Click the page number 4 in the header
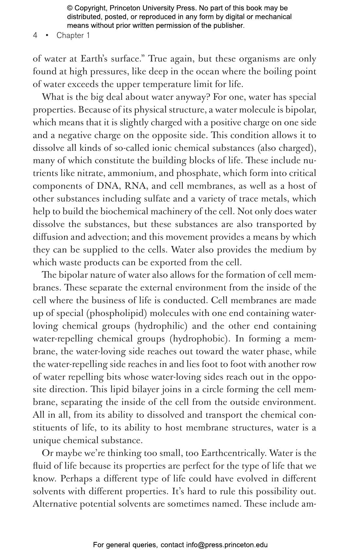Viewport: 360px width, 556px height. [35, 36]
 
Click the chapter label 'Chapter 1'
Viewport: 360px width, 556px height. [73, 36]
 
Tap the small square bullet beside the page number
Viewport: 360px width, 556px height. [47, 35]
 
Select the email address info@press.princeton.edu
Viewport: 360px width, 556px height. [227, 545]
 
